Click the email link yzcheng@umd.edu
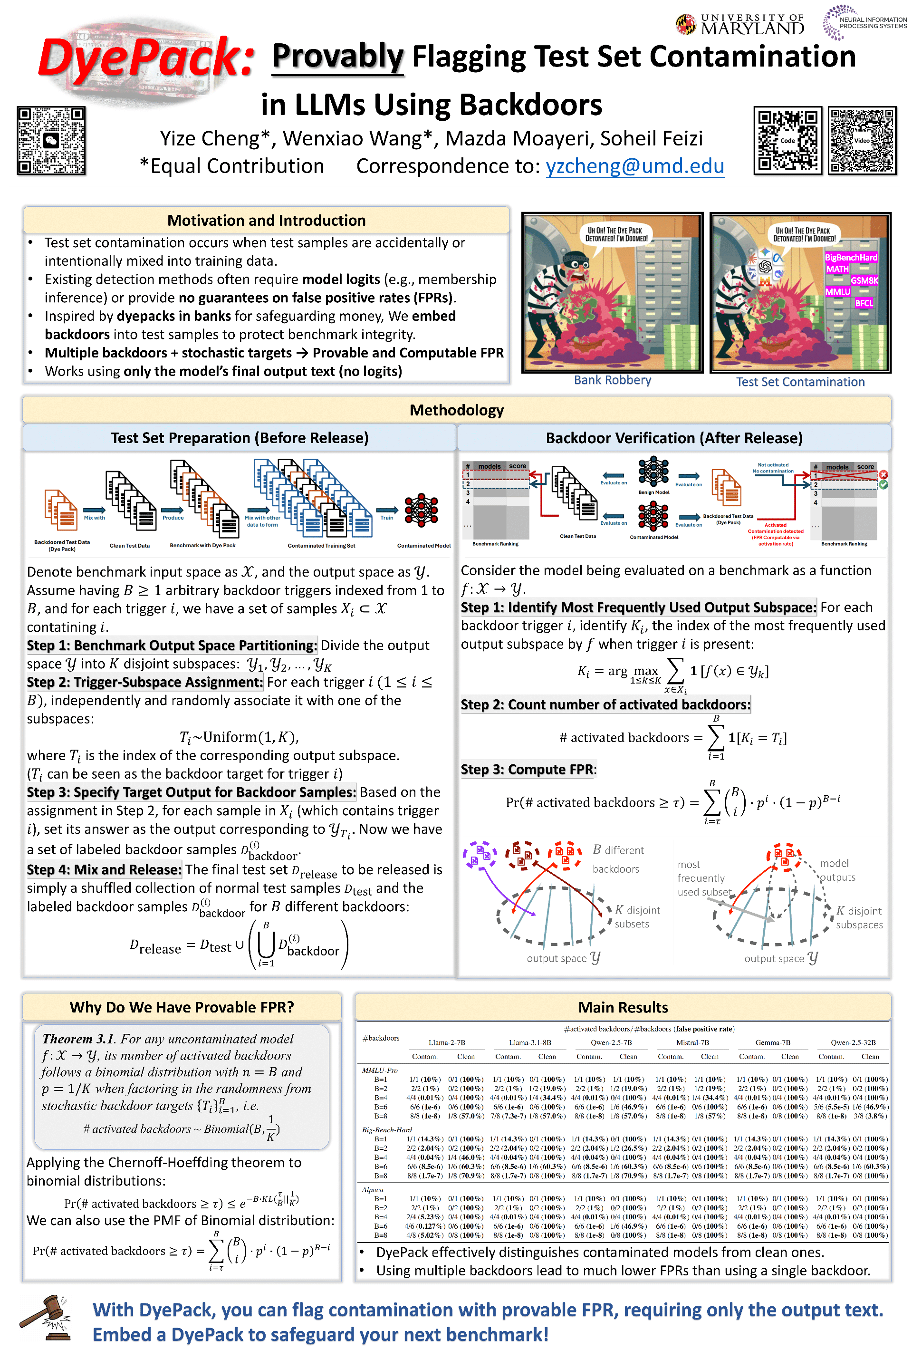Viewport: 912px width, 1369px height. (x=634, y=166)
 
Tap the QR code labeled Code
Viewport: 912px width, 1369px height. (x=787, y=140)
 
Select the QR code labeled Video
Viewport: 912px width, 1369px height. (x=862, y=140)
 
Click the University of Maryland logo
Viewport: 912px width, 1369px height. (x=740, y=24)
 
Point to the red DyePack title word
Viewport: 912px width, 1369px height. (x=145, y=58)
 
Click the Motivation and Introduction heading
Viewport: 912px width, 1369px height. (x=267, y=221)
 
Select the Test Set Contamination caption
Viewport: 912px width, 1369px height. (x=800, y=382)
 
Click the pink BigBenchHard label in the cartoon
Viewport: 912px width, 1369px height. (x=850, y=257)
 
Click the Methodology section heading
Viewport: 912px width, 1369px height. (x=456, y=410)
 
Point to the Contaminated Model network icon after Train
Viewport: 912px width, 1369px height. (x=421, y=510)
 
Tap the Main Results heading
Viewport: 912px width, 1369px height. (x=623, y=1007)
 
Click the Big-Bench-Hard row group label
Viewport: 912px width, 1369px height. (x=387, y=1129)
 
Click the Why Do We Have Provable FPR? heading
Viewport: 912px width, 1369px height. (x=182, y=1007)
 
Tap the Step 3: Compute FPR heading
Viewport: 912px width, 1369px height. (x=528, y=769)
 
